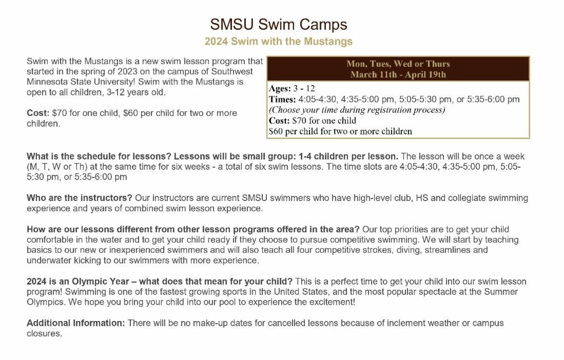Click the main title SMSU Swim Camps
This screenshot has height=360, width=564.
[278, 24]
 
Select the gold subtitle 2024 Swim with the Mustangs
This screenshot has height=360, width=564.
[278, 41]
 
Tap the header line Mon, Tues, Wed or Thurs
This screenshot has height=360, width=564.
[398, 64]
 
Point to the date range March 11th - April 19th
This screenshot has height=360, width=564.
[398, 74]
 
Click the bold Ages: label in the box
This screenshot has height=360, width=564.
[280, 89]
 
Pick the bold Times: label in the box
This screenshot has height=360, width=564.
[282, 99]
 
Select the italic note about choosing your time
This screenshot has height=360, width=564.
[357, 110]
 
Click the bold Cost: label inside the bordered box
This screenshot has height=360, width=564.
[280, 121]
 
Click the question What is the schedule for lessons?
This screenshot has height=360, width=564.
[99, 156]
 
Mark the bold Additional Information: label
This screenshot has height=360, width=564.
[75, 323]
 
